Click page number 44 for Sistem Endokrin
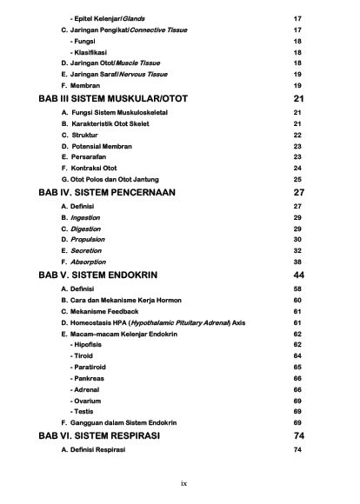299,274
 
